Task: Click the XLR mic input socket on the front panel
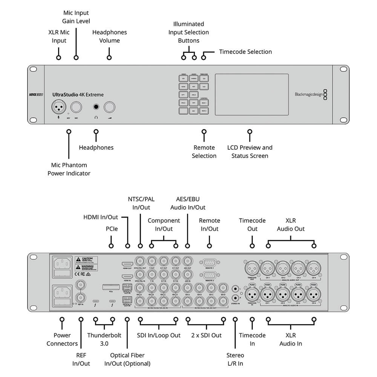(x=59, y=107)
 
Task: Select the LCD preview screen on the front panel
(x=251, y=94)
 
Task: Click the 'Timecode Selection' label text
(x=245, y=52)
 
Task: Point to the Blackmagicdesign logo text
(x=309, y=95)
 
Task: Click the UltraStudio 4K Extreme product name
(x=78, y=95)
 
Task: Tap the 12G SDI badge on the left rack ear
(x=36, y=95)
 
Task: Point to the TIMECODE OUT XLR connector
(x=251, y=268)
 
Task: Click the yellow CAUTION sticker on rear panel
(x=86, y=260)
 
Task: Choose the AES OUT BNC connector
(x=187, y=261)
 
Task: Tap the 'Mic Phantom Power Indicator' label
(x=69, y=169)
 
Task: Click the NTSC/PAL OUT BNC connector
(x=140, y=261)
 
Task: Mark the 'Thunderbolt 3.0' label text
(x=104, y=339)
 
